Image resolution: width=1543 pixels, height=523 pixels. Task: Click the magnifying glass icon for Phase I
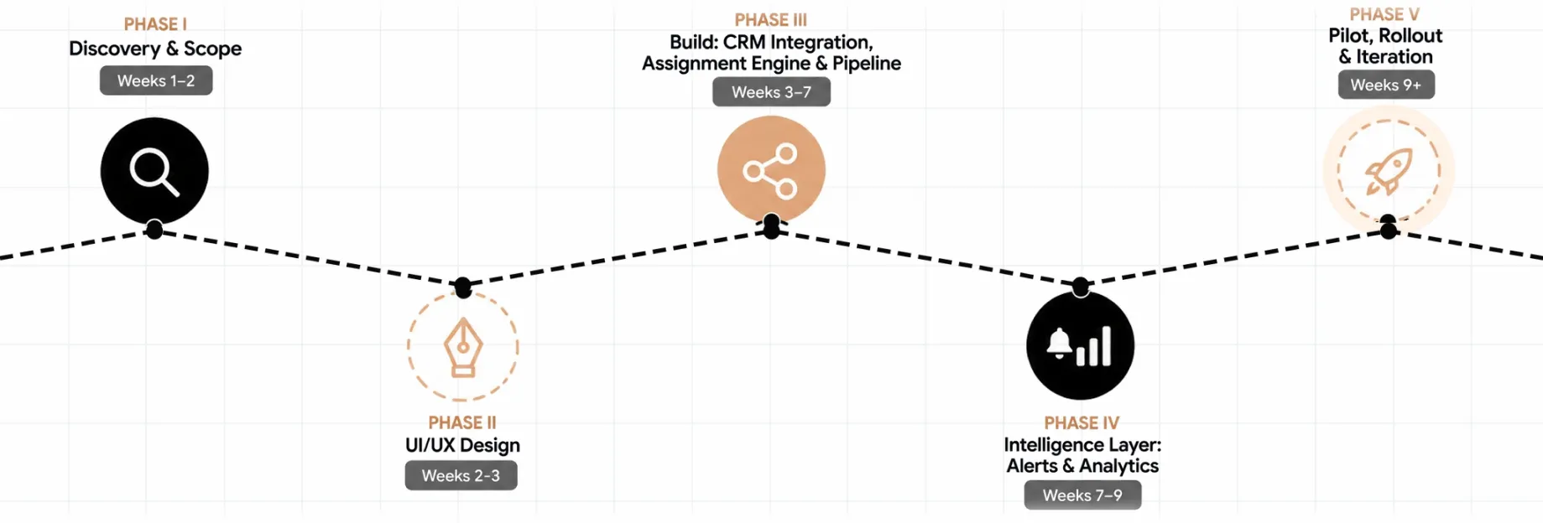[x=154, y=172]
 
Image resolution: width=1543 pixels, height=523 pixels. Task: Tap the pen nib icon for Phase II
[x=463, y=347]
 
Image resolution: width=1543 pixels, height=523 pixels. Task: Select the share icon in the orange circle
[x=771, y=170]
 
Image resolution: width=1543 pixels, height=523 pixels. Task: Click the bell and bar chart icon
[x=1080, y=345]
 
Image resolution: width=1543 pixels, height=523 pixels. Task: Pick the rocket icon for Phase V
[x=1389, y=171]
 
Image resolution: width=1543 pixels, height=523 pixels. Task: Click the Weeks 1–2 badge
[x=156, y=80]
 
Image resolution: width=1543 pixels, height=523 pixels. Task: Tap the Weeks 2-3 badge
[x=461, y=476]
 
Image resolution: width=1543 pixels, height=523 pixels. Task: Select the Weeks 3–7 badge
[x=771, y=92]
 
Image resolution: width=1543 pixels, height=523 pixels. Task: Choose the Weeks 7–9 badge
[x=1082, y=495]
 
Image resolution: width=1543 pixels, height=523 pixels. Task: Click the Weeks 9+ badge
[x=1386, y=85]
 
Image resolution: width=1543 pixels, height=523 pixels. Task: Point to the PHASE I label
[x=155, y=24]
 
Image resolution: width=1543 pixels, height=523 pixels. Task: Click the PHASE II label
[x=462, y=422]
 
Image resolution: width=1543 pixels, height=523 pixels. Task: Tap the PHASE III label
[x=771, y=20]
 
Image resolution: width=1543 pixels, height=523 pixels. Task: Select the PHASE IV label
[x=1082, y=423]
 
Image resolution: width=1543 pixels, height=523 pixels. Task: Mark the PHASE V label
[x=1384, y=14]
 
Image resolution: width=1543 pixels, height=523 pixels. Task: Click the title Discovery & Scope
[x=155, y=49]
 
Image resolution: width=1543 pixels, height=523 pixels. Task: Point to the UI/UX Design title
[x=462, y=445]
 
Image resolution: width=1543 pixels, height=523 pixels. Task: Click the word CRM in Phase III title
[x=744, y=42]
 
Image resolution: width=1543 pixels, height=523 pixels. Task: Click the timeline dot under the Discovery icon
[x=154, y=229]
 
